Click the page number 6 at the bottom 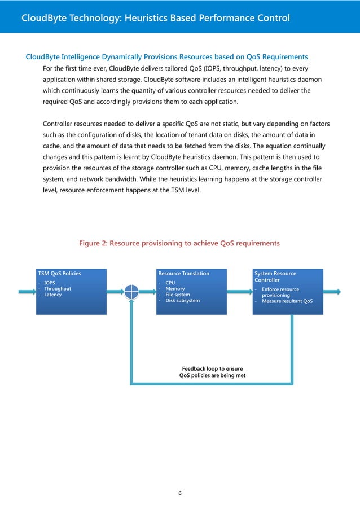[x=179, y=493]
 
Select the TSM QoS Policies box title [x=59, y=274]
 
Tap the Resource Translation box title [x=184, y=274]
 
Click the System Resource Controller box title [x=275, y=277]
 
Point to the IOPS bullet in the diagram [x=50, y=283]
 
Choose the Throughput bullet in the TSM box [x=58, y=289]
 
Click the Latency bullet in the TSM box [x=53, y=295]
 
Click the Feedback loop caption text [x=212, y=371]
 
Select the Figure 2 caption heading [x=179, y=243]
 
